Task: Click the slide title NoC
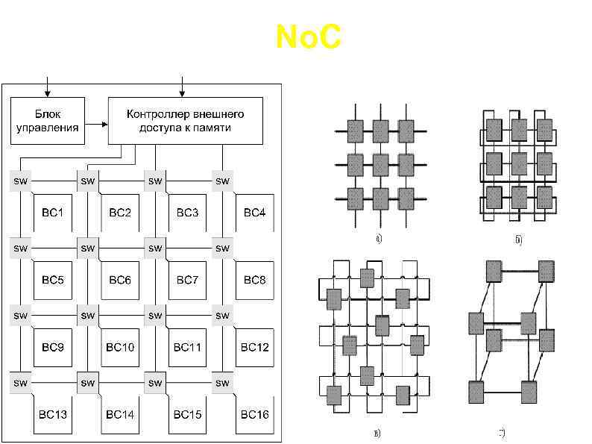tap(308, 37)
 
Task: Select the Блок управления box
tap(47, 120)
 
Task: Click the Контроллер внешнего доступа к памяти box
tap(186, 120)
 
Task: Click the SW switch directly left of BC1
tap(20, 181)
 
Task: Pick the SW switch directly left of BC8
tap(222, 248)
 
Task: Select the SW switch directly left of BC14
tap(87, 383)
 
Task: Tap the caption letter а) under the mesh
tap(379, 240)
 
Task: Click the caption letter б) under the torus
tap(517, 240)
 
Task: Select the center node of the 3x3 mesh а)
tap(380, 164)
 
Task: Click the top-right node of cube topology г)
tap(547, 271)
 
